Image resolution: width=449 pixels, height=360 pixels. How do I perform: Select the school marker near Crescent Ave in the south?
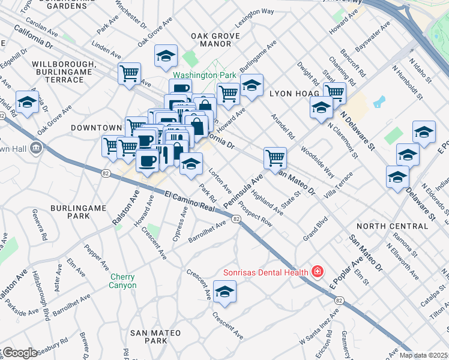[225, 292]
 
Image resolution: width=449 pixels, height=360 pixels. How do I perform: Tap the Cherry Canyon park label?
[122, 281]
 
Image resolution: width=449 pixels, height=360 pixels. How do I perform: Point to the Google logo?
[19, 353]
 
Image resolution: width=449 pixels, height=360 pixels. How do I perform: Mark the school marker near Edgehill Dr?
[27, 103]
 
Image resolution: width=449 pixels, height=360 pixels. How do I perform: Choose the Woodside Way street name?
[318, 162]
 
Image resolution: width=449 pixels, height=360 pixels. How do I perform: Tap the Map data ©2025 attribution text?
[424, 355]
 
